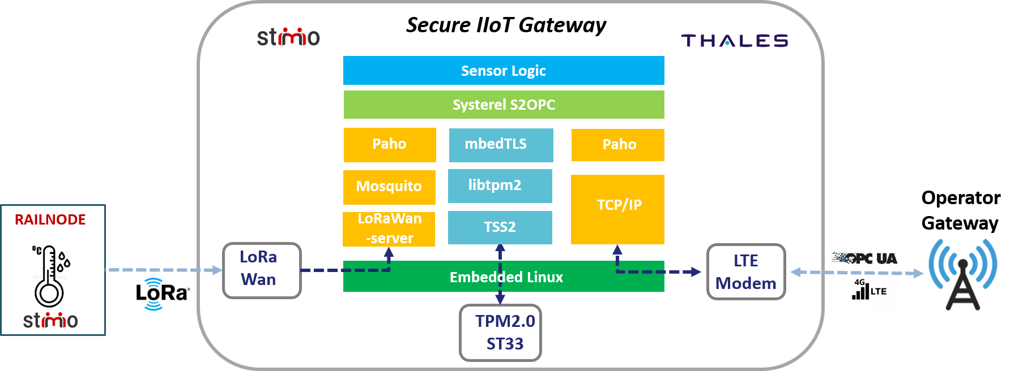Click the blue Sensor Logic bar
pos(504,71)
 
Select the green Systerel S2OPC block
pos(504,105)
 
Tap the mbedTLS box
pos(501,145)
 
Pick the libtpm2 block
pos(500,185)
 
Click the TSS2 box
pos(500,227)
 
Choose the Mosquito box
pos(389,187)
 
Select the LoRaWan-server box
pos(389,229)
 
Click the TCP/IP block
pos(617,209)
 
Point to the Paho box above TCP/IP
pos(618,145)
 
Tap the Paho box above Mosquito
pos(390,145)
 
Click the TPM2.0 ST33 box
pos(500,333)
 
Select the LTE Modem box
pos(746,271)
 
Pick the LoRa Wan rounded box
pos(262,270)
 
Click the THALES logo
pos(735,41)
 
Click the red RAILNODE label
pos(50,220)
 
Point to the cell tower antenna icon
pos(962,274)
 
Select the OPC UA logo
pos(865,258)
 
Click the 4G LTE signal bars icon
pos(868,290)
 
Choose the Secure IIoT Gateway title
pos(506,25)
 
